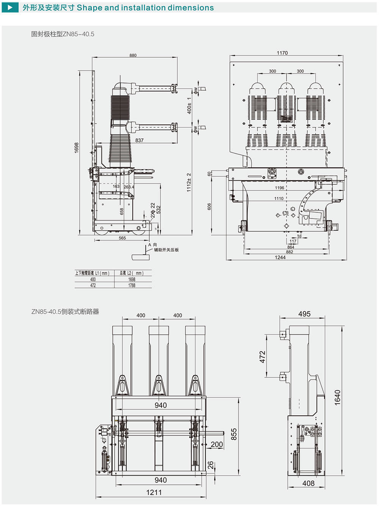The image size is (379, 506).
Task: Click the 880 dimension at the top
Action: coord(133,55)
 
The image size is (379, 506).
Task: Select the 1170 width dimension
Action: coord(282,53)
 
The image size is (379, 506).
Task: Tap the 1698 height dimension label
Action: coord(77,147)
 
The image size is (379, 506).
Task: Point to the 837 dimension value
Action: coord(139,140)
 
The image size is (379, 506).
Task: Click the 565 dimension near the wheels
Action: coord(122,238)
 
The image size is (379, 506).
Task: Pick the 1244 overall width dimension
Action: coord(280,258)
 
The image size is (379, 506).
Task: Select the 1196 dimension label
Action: coord(279,188)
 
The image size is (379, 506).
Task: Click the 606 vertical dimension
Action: coord(209,206)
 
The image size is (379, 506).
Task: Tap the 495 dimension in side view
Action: coord(304,314)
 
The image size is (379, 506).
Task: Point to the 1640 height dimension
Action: coord(338,398)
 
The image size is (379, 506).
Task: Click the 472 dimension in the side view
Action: coord(262,357)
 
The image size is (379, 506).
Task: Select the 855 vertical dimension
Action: coord(234,434)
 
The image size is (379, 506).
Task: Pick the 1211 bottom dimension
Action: coord(154,492)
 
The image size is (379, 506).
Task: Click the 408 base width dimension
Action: coord(309,483)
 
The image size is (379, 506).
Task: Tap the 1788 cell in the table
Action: coord(132,285)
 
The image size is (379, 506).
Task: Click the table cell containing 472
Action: coord(93,285)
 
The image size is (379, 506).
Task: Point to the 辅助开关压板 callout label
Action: coord(166,250)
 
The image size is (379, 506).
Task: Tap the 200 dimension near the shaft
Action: coord(217,445)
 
